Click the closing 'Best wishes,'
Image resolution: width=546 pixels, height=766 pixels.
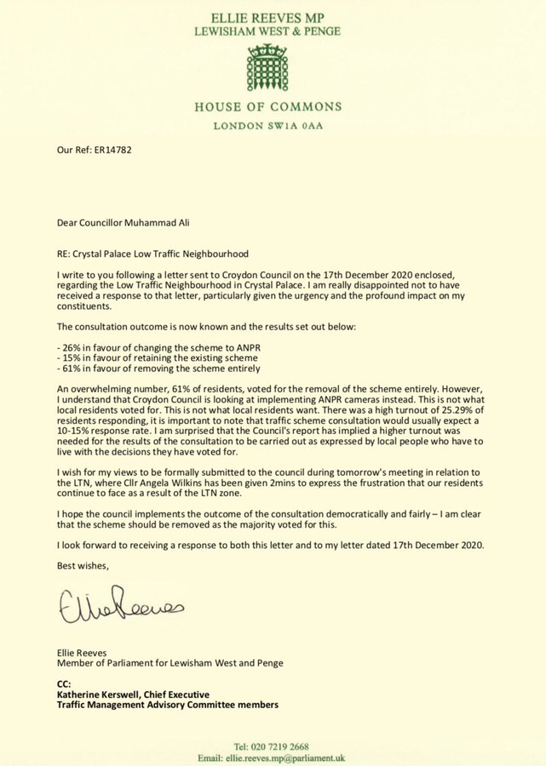(83, 563)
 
